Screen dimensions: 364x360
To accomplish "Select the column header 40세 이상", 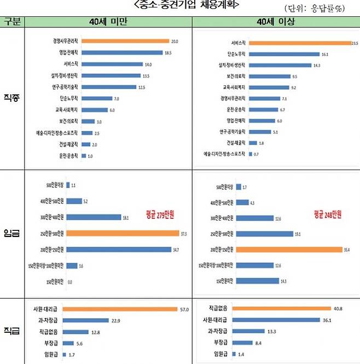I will click(x=276, y=21).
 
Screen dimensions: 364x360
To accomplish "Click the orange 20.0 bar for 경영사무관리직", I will click(x=125, y=41).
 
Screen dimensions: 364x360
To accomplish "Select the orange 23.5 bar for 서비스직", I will click(x=299, y=43).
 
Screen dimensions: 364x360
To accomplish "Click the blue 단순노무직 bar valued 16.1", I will click(x=284, y=54).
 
